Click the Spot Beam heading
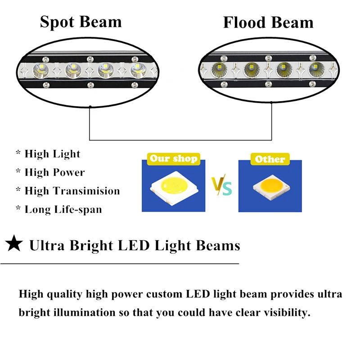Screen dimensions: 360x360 [81, 22]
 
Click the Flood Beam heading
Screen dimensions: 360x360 [268, 22]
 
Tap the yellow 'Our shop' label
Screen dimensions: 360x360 [173, 158]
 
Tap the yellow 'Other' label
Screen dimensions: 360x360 [270, 159]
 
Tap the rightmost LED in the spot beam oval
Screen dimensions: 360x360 [137, 70]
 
